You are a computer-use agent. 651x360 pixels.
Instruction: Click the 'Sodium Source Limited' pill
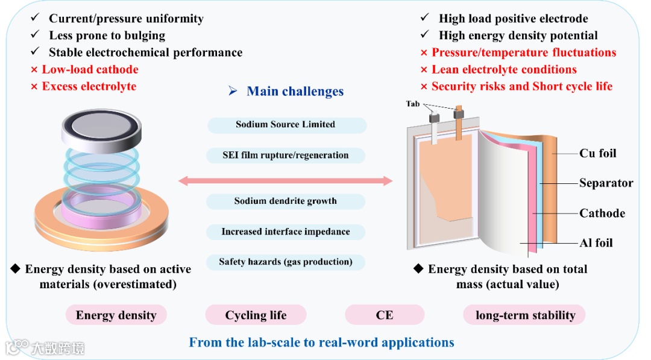(x=286, y=125)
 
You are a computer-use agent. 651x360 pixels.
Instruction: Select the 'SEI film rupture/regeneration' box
(x=286, y=155)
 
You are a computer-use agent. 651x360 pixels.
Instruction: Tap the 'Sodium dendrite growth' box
(x=286, y=201)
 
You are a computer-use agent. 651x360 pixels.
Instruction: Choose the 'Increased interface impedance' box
(x=286, y=232)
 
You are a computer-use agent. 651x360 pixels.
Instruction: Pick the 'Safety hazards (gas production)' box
(x=286, y=262)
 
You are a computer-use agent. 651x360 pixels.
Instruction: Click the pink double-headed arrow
(x=286, y=180)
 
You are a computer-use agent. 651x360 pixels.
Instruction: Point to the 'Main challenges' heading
(x=295, y=92)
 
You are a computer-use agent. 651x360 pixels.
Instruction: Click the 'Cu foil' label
(x=597, y=153)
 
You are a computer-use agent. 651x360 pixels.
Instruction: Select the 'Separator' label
(x=606, y=183)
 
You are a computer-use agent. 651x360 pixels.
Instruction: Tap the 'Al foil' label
(x=596, y=243)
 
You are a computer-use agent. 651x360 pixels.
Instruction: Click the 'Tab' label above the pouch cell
(x=413, y=104)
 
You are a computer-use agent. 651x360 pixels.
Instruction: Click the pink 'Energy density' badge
(x=116, y=315)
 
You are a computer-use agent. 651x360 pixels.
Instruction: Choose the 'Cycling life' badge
(x=256, y=315)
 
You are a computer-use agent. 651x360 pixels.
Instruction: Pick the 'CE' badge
(x=384, y=315)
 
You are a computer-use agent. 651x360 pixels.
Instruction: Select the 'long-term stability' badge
(x=525, y=315)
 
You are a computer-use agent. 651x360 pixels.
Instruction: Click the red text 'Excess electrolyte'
(x=89, y=86)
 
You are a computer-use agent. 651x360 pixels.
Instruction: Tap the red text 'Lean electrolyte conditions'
(x=504, y=69)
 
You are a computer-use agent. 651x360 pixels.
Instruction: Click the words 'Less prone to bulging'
(x=107, y=36)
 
